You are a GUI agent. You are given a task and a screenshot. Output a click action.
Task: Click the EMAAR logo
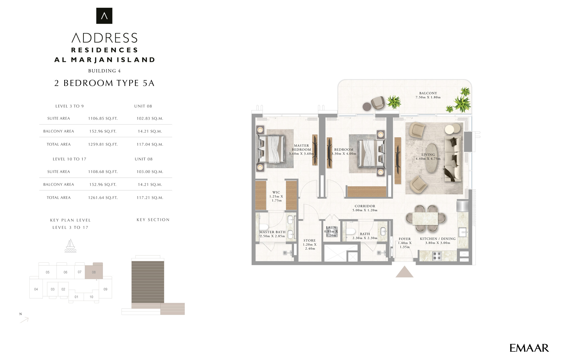(529, 348)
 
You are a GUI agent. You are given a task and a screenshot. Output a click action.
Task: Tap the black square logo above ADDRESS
(104, 16)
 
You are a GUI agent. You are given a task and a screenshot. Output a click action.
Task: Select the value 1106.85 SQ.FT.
(103, 119)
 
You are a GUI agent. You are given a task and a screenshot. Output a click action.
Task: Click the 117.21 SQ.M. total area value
(150, 198)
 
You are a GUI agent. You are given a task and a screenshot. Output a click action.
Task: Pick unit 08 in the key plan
(94, 271)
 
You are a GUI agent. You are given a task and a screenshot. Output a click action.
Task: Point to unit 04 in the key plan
(36, 289)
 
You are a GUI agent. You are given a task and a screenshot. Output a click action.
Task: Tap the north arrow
(24, 320)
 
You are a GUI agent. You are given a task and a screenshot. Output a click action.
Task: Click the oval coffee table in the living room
(431, 157)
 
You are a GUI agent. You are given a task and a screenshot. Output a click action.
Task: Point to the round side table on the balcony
(367, 106)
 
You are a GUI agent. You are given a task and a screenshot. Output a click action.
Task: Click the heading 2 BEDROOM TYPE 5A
(104, 83)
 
